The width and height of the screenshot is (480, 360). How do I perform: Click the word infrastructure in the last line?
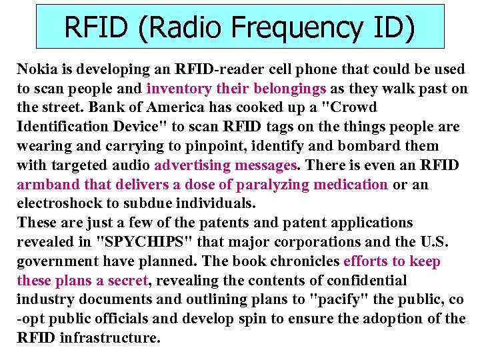tap(110, 338)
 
